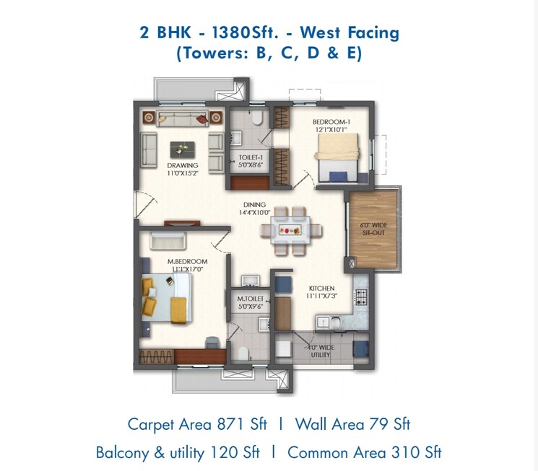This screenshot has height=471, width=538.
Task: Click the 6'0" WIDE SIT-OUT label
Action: point(373,229)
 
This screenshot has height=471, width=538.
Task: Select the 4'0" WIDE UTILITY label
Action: point(320,351)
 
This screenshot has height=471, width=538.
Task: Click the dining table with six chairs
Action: point(292,231)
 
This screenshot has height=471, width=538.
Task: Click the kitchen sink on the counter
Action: point(324,320)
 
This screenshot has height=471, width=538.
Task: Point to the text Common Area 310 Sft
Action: point(365,453)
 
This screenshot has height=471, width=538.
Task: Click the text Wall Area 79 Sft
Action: point(352,424)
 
